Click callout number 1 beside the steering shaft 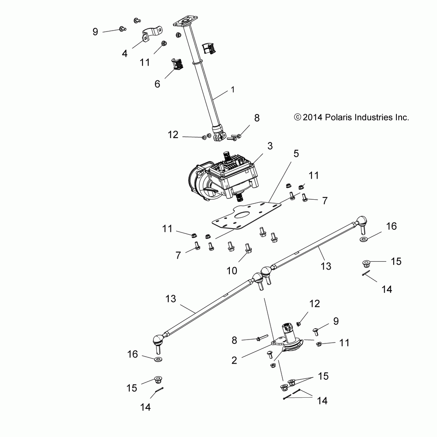[233, 90]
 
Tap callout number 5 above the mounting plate [296, 154]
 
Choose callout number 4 [125, 54]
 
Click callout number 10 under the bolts [232, 271]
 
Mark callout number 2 [234, 360]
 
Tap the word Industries [368, 118]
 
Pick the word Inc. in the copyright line [402, 118]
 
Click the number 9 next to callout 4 [95, 31]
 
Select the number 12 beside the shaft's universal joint [173, 135]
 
